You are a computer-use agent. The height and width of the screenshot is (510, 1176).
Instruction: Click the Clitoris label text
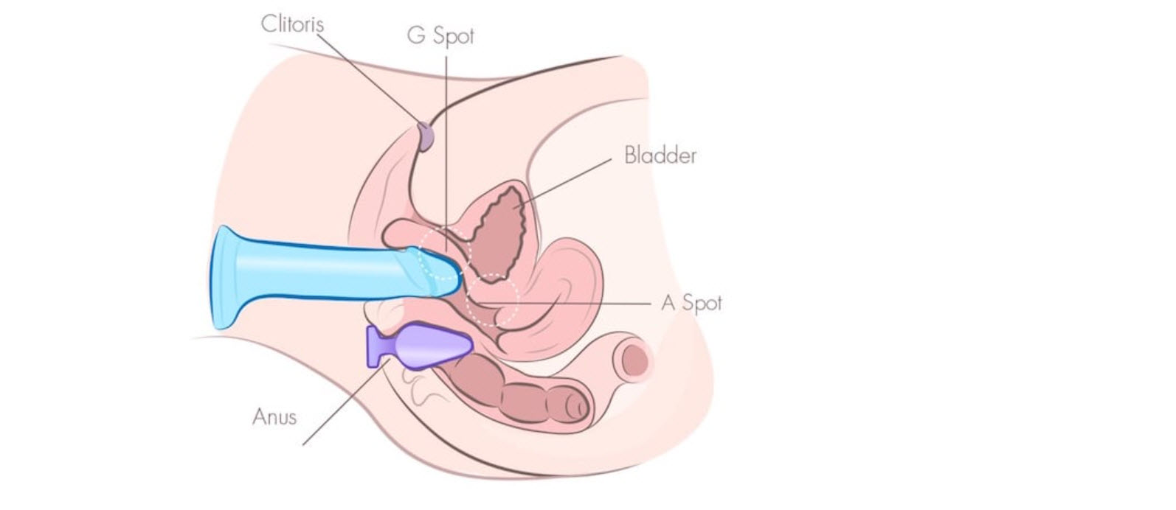(292, 23)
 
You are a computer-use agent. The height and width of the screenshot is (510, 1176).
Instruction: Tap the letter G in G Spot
(415, 35)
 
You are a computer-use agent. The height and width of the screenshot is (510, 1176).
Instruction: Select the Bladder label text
(660, 156)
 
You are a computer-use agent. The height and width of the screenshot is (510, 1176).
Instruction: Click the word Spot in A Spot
(702, 302)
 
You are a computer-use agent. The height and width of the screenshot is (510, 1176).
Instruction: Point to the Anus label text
(274, 416)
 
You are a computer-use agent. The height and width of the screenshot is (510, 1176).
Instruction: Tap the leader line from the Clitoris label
(369, 74)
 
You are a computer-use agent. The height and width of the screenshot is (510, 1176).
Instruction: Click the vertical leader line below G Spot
(446, 147)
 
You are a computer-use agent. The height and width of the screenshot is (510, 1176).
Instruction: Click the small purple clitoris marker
(426, 136)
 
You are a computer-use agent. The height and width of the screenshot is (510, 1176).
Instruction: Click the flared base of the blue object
(225, 276)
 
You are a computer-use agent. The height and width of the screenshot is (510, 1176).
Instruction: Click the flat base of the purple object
(376, 347)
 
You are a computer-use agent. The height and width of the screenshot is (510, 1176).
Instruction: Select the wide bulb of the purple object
(435, 344)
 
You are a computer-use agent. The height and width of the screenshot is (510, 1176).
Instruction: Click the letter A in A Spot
(668, 302)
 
